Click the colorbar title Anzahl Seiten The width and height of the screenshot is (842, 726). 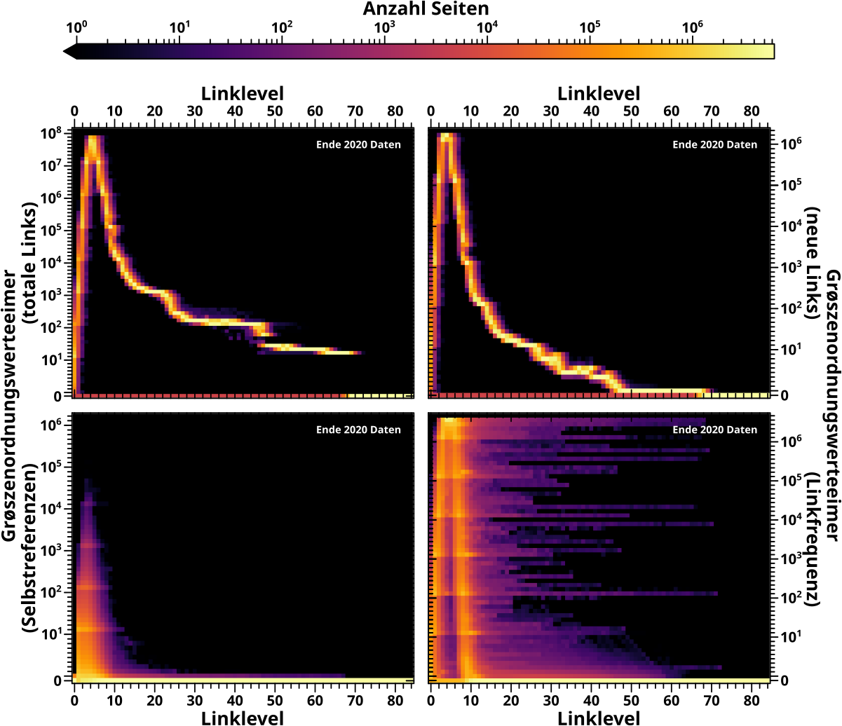pos(426,9)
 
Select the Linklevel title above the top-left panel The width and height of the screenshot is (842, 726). pos(243,93)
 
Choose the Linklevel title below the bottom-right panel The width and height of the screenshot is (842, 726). pos(599,717)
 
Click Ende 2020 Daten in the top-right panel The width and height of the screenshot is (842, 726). pos(714,145)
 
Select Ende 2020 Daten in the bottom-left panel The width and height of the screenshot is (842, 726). pos(358,430)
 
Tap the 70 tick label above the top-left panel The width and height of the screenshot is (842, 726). pos(355,111)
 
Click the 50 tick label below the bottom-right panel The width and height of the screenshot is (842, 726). pos(632,699)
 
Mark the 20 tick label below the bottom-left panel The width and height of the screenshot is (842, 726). pos(155,699)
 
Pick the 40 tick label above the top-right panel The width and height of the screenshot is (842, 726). pos(591,111)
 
